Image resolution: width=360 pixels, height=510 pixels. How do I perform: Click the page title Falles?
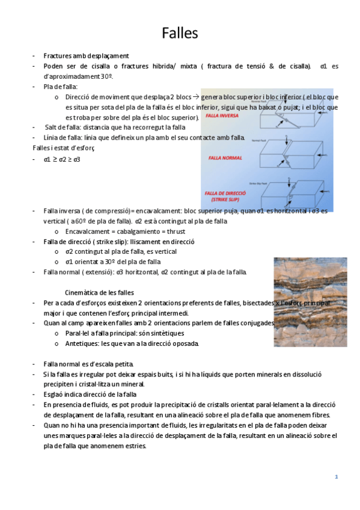[x=180, y=32]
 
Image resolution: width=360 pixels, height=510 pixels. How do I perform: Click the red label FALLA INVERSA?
[x=222, y=115]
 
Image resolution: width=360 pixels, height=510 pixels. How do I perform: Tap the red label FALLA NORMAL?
[x=222, y=158]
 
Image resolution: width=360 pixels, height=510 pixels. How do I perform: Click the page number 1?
[x=337, y=477]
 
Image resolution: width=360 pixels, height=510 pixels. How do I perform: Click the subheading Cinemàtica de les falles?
[x=99, y=292]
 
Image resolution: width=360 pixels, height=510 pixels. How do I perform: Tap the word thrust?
[x=174, y=232]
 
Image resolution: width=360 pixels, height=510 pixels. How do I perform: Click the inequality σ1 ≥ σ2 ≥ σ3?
[x=62, y=159]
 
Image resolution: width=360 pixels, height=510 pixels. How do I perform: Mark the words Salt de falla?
[x=62, y=127]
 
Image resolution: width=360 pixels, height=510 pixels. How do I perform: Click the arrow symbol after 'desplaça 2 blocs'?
[x=196, y=96]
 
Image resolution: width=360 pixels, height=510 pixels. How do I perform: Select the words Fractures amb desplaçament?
[x=86, y=55]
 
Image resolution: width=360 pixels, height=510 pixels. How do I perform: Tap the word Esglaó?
[x=54, y=395]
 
